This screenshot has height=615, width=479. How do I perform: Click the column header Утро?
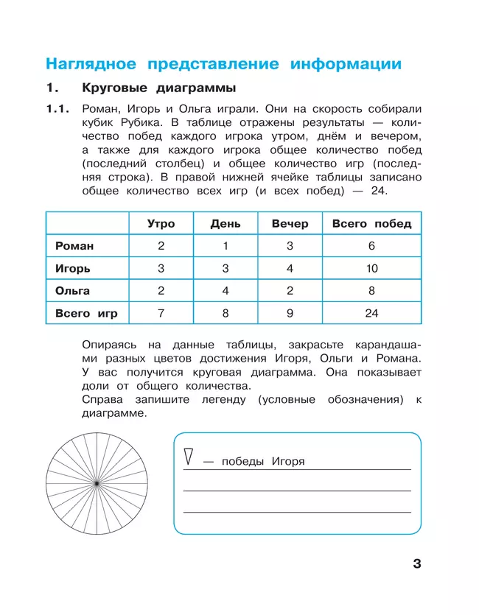161,224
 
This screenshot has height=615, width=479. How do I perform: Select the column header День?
225,224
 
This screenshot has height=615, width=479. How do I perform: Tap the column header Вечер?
290,224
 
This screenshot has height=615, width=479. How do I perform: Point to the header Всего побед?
371,224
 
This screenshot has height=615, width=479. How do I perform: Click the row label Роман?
74,246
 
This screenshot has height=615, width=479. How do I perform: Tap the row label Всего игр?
86,313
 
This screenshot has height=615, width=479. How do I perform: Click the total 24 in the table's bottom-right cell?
371,313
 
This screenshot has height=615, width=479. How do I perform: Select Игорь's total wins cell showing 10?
371,268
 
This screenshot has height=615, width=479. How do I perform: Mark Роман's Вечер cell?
290,246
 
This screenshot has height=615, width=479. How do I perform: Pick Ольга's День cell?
225,290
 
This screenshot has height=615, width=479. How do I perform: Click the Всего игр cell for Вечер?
290,313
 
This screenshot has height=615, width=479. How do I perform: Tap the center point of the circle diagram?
97,482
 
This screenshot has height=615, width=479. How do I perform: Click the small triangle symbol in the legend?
189,457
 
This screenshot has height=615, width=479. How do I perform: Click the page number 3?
416,565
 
